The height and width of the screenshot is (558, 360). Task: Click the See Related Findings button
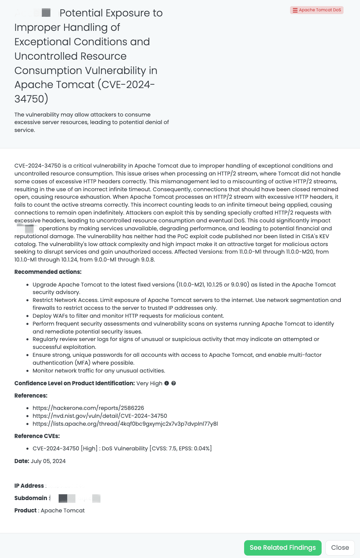[x=283, y=547]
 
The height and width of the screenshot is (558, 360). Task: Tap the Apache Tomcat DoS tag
[x=316, y=10]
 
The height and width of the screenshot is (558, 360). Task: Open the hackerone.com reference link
[x=88, y=408]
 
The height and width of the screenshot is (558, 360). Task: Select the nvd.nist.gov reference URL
[x=100, y=416]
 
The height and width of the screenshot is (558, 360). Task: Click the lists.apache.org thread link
[x=125, y=424]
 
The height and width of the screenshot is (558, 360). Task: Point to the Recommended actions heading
[x=48, y=272]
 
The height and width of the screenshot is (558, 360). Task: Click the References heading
[x=31, y=396]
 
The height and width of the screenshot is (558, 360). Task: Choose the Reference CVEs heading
[x=37, y=436]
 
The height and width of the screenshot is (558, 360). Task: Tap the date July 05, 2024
[x=48, y=461]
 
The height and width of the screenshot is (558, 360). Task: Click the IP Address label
[x=29, y=486]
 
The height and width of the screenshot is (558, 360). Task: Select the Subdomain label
[x=31, y=498]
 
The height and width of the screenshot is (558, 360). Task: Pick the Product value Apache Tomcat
[x=63, y=510]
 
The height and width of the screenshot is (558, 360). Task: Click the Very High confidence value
[x=149, y=383]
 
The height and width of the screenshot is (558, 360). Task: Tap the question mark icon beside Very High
[x=173, y=383]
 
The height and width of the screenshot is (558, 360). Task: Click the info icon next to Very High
[x=167, y=383]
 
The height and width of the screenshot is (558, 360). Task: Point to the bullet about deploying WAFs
[x=128, y=316]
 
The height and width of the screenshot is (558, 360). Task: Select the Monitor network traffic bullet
[x=99, y=371]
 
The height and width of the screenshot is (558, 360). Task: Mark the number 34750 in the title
[x=29, y=99]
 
